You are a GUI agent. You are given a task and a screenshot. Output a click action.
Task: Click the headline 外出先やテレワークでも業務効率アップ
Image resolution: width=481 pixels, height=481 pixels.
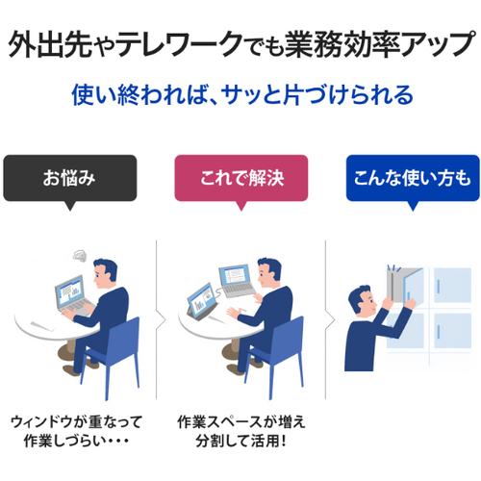tap(241, 44)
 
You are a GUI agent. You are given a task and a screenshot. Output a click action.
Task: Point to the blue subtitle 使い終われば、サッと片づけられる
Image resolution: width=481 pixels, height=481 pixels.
tap(242, 95)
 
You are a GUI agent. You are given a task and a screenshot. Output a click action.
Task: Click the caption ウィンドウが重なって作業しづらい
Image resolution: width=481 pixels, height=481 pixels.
tap(76, 432)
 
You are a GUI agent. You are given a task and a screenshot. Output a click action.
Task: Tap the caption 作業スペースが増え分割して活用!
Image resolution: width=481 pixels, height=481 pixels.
tap(241, 432)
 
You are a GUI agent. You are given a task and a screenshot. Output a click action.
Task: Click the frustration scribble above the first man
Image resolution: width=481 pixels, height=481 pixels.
tap(80, 256)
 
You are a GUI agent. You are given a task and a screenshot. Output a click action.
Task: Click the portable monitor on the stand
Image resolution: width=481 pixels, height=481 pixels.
tap(202, 300)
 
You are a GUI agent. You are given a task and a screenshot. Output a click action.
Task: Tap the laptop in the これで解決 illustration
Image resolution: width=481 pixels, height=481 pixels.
tap(237, 281)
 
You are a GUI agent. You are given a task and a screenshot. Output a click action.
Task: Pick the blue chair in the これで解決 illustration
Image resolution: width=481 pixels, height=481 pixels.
tap(276, 356)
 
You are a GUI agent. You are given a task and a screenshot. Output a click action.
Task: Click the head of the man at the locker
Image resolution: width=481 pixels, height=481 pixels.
tap(362, 300)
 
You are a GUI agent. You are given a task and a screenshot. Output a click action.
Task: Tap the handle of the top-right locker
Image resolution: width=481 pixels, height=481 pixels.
tap(439, 286)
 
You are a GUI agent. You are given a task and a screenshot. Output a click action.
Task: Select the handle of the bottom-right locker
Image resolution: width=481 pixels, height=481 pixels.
tap(439, 331)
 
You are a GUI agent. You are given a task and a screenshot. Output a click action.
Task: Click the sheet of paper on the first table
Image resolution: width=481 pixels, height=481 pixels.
tap(43, 325)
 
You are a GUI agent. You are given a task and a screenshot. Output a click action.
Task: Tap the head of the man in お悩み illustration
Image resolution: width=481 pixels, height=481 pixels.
tap(105, 273)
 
